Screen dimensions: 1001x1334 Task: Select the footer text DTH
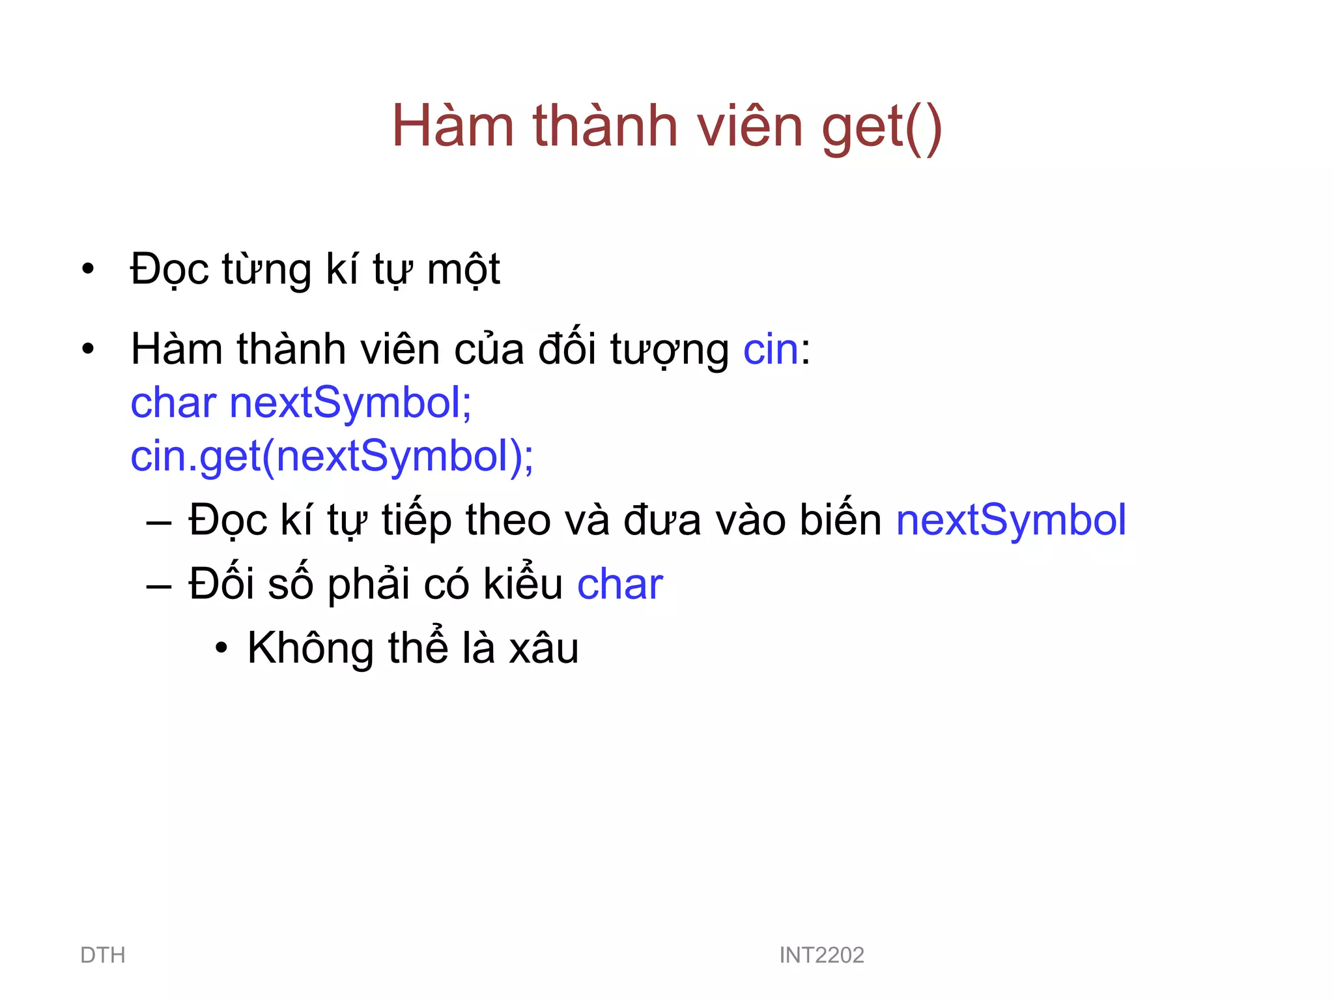pyautogui.click(x=102, y=955)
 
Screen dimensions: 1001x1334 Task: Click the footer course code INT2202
pyautogui.click(x=821, y=955)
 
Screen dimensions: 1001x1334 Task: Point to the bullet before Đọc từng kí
pyautogui.click(x=88, y=269)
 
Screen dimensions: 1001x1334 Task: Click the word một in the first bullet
pyautogui.click(x=463, y=269)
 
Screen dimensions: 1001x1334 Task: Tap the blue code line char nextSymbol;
pyautogui.click(x=301, y=403)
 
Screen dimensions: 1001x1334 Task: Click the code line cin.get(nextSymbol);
pyautogui.click(x=332, y=456)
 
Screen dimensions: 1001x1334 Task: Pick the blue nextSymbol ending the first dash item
pyautogui.click(x=1010, y=520)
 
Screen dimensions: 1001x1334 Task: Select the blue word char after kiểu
pyautogui.click(x=619, y=584)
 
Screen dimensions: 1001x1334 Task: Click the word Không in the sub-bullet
pyautogui.click(x=310, y=648)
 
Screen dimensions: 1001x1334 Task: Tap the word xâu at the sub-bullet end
pyautogui.click(x=543, y=649)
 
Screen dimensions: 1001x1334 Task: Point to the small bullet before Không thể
pyautogui.click(x=221, y=649)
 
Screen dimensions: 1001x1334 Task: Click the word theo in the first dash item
pyautogui.click(x=508, y=520)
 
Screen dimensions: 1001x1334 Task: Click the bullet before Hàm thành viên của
pyautogui.click(x=88, y=349)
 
